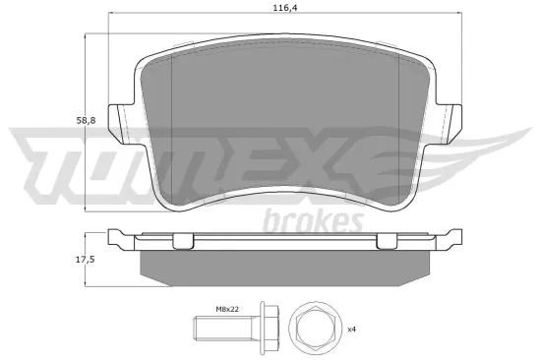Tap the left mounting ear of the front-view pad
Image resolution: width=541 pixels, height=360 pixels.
[121, 122]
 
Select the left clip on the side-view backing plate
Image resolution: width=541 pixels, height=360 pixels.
[182, 242]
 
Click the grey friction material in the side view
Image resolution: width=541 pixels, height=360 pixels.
[285, 263]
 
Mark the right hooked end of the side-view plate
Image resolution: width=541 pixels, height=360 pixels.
[455, 238]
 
